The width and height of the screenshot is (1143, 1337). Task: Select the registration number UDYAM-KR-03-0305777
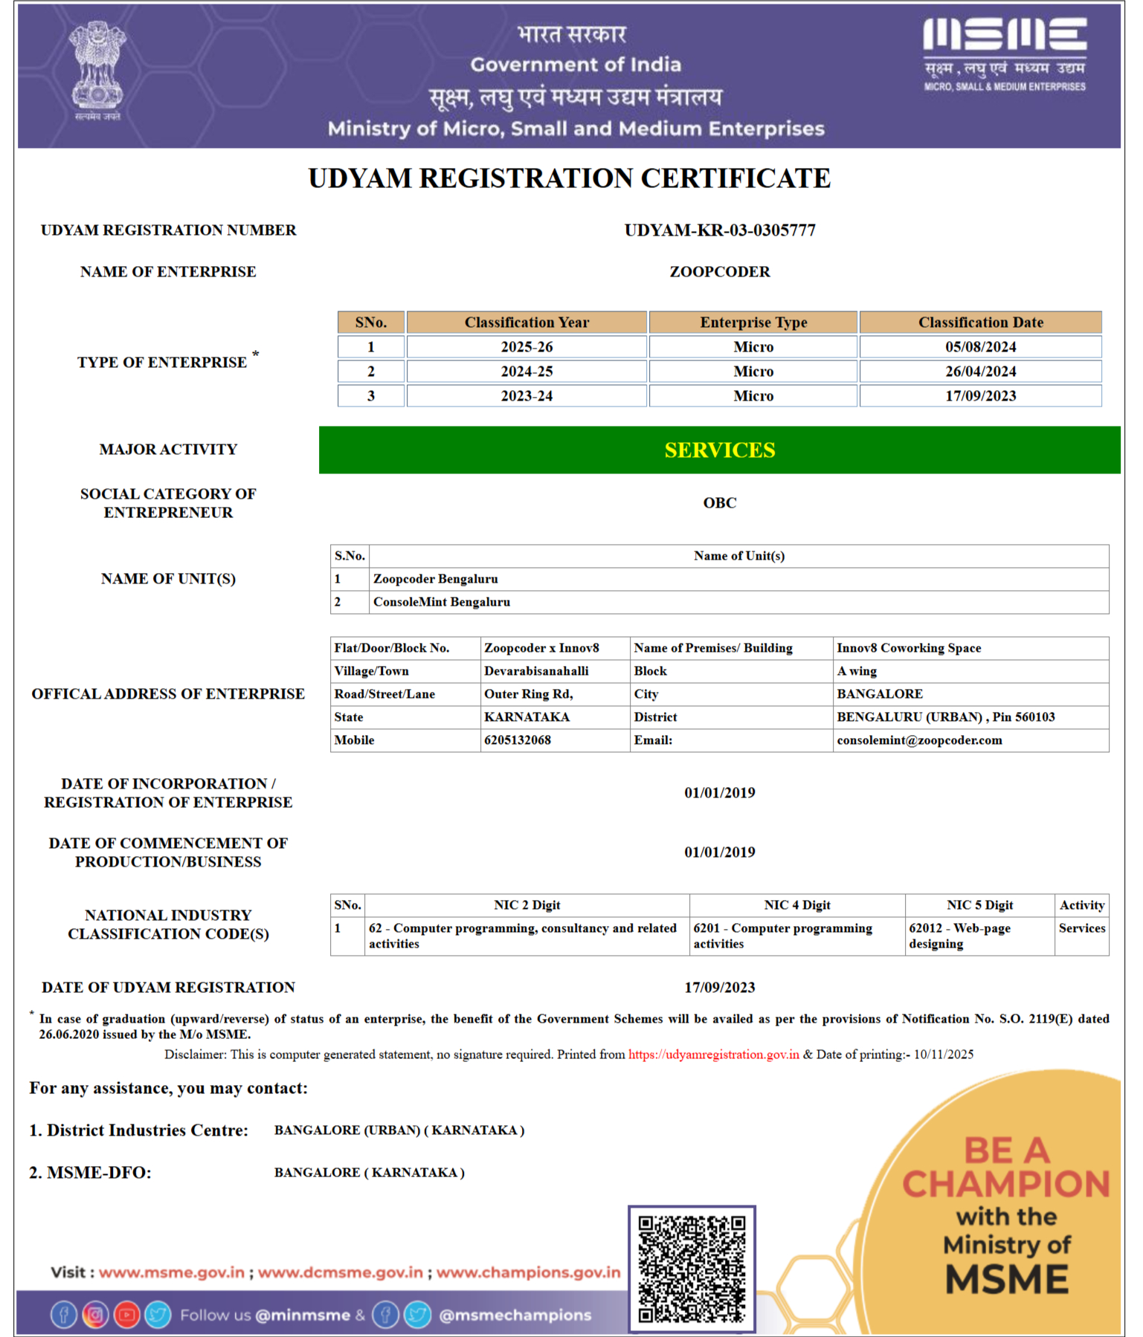tap(719, 230)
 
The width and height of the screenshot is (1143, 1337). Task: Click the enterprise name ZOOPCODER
tap(719, 272)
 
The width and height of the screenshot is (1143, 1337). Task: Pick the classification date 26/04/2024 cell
tap(980, 372)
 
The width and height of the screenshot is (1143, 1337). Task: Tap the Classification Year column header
tap(527, 323)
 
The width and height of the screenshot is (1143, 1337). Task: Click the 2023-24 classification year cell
tap(527, 396)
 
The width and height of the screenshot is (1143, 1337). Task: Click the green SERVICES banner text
tap(719, 450)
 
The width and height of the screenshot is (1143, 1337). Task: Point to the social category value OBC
tap(719, 503)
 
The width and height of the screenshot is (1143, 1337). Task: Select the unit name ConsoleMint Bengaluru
tap(442, 602)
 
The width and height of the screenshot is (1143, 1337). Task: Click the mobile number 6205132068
tap(518, 740)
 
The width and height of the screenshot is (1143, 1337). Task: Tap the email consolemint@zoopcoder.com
tap(919, 740)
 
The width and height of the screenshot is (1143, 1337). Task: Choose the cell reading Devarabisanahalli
tap(536, 671)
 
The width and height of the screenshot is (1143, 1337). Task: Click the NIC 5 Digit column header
tap(979, 905)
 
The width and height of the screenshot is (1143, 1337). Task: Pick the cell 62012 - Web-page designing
tap(959, 936)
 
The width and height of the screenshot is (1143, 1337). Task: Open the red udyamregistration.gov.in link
tap(713, 1055)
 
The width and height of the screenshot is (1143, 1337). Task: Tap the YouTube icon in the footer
tap(126, 1315)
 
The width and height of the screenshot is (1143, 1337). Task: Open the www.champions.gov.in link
tap(528, 1272)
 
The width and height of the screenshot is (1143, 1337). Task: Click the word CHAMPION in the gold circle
tap(1005, 1185)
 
